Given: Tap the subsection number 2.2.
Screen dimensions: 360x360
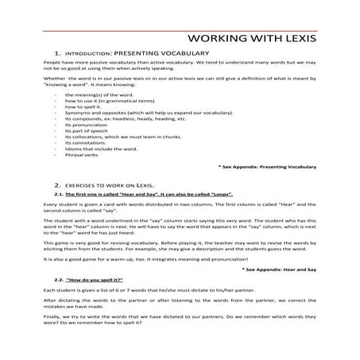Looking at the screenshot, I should pyautogui.click(x=59, y=281).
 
